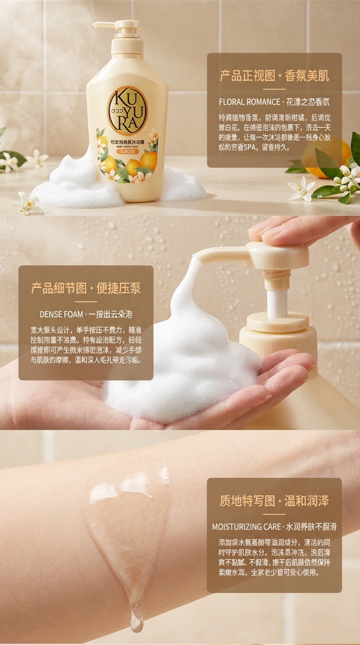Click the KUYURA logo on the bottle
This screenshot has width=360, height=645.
(127, 111)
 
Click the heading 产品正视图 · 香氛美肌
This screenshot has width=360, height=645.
(274, 75)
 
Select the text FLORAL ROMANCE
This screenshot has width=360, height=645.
(248, 102)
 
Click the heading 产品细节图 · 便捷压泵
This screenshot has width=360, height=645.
(86, 288)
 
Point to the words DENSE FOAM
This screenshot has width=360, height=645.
(61, 314)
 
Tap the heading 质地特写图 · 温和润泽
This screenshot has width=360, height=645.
(274, 501)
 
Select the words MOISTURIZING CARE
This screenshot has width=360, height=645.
(246, 527)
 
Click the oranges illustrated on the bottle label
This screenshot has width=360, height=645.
(141, 162)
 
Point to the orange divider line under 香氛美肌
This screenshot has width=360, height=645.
(274, 89)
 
